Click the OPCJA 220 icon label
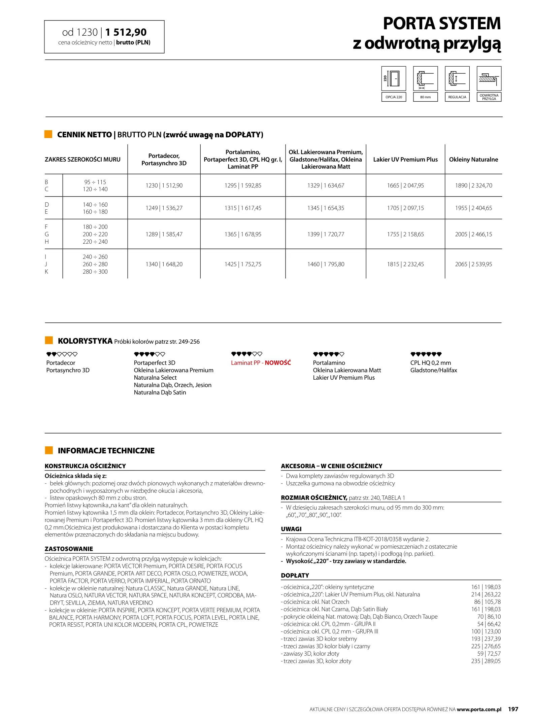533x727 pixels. click(x=394, y=97)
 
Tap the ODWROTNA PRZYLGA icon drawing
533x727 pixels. click(x=489, y=78)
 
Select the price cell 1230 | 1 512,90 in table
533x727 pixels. click(x=164, y=185)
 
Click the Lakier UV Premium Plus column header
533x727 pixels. click(x=405, y=160)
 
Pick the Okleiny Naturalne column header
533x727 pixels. click(x=473, y=160)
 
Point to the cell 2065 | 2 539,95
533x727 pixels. click(x=473, y=264)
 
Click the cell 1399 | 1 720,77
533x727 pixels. click(x=326, y=234)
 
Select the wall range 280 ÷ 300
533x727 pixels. click(x=95, y=272)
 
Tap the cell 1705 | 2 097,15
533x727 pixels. click(x=405, y=208)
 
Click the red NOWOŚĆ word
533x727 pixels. click(x=278, y=363)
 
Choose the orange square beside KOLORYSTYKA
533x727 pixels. click(x=49, y=340)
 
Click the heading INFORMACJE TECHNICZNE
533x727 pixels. click(x=106, y=451)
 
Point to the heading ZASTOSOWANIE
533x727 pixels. click(x=69, y=549)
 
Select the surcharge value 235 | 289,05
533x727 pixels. click(x=486, y=661)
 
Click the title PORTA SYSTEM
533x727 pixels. click(x=442, y=24)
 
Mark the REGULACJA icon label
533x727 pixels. click(x=457, y=97)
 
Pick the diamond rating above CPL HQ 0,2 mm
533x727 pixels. click(x=426, y=354)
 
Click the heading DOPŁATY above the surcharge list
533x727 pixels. click(x=295, y=576)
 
